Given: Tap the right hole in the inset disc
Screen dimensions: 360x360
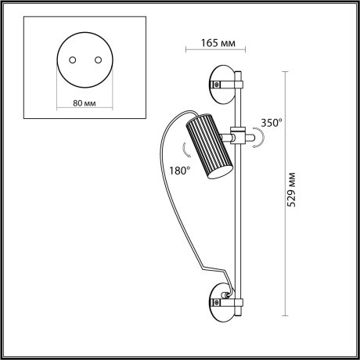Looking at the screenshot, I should [97, 59].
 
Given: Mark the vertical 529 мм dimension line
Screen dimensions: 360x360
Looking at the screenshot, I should [281, 188].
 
